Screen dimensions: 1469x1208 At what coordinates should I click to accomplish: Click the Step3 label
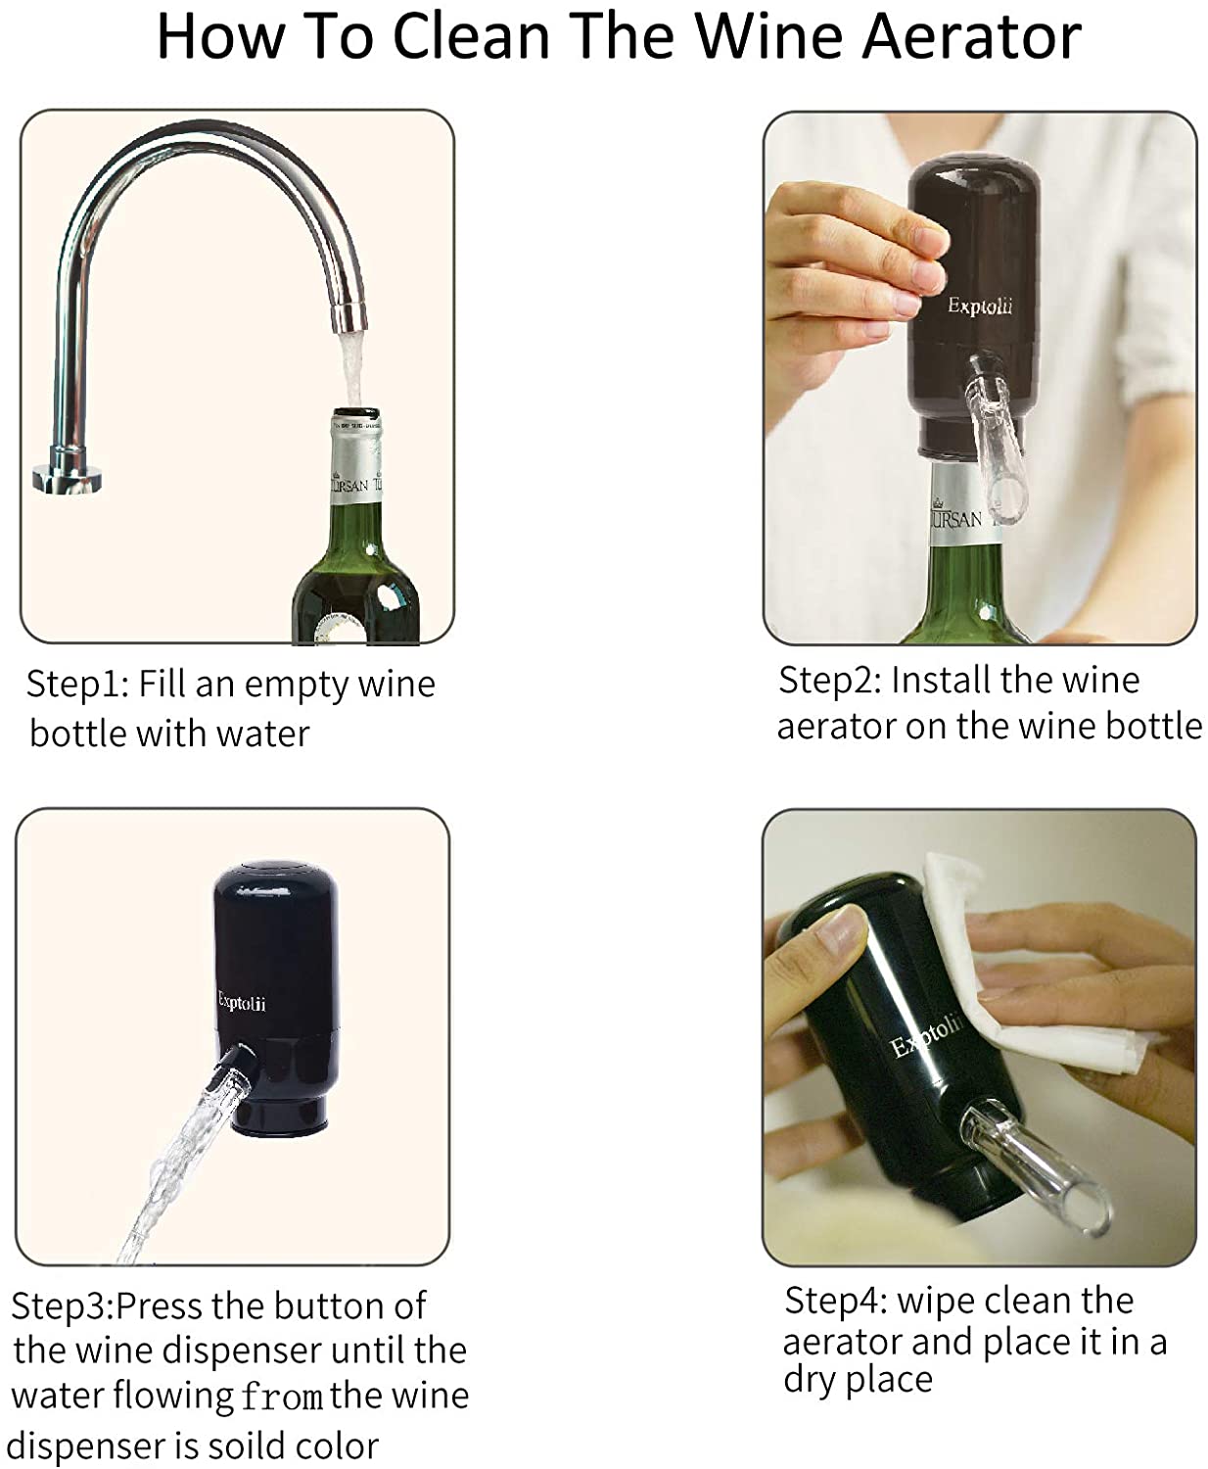[62, 1306]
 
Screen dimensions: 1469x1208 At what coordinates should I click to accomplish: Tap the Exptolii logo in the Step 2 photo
[979, 307]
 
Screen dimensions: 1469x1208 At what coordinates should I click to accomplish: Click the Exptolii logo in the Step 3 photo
[241, 1003]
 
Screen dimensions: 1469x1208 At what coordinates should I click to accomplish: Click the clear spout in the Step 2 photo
[988, 431]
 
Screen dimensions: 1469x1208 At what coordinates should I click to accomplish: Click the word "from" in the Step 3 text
[281, 1396]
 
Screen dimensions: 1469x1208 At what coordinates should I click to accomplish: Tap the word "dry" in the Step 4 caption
[810, 1380]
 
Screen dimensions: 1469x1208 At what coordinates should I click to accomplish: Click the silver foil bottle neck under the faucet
[355, 460]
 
